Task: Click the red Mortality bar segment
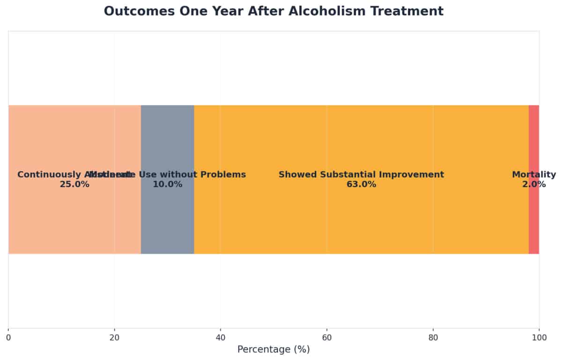(x=534, y=141)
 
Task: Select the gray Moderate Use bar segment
(x=167, y=141)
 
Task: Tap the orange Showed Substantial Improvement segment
(x=361, y=141)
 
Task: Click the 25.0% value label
(x=74, y=185)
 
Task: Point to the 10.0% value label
(x=167, y=185)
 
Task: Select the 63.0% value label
(x=361, y=185)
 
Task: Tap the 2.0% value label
(x=534, y=185)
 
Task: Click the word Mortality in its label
(x=534, y=175)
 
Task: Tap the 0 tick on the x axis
(x=8, y=337)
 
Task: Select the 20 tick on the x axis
(x=114, y=337)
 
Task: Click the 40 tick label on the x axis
(x=221, y=337)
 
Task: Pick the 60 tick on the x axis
(x=327, y=337)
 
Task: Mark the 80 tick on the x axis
(x=433, y=337)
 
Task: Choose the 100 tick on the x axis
(x=539, y=337)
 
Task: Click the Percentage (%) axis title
(x=274, y=350)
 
